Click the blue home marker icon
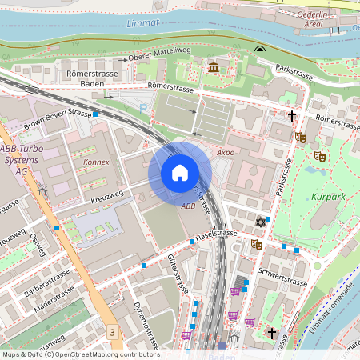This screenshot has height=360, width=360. pos(180,173)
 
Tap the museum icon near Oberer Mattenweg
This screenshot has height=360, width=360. pos(214,67)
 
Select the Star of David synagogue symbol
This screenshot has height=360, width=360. pos(259,222)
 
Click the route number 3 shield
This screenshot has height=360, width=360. pos(114,332)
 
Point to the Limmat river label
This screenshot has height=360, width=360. pos(143,24)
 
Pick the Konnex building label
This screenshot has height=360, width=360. pos(96,162)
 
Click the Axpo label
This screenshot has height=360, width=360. pos(225,150)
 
